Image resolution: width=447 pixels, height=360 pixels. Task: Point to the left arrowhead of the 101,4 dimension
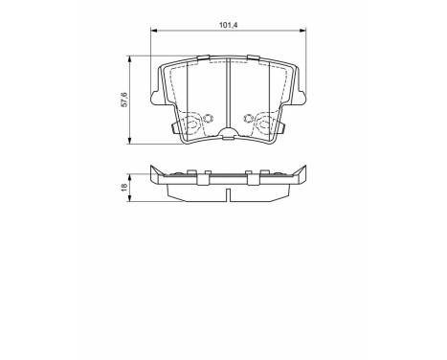(x=154, y=32)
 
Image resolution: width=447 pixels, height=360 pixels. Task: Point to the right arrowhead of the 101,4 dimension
(x=302, y=32)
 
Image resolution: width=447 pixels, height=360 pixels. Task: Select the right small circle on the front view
(x=249, y=121)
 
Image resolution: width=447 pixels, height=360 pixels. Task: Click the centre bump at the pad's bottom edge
(x=228, y=135)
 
